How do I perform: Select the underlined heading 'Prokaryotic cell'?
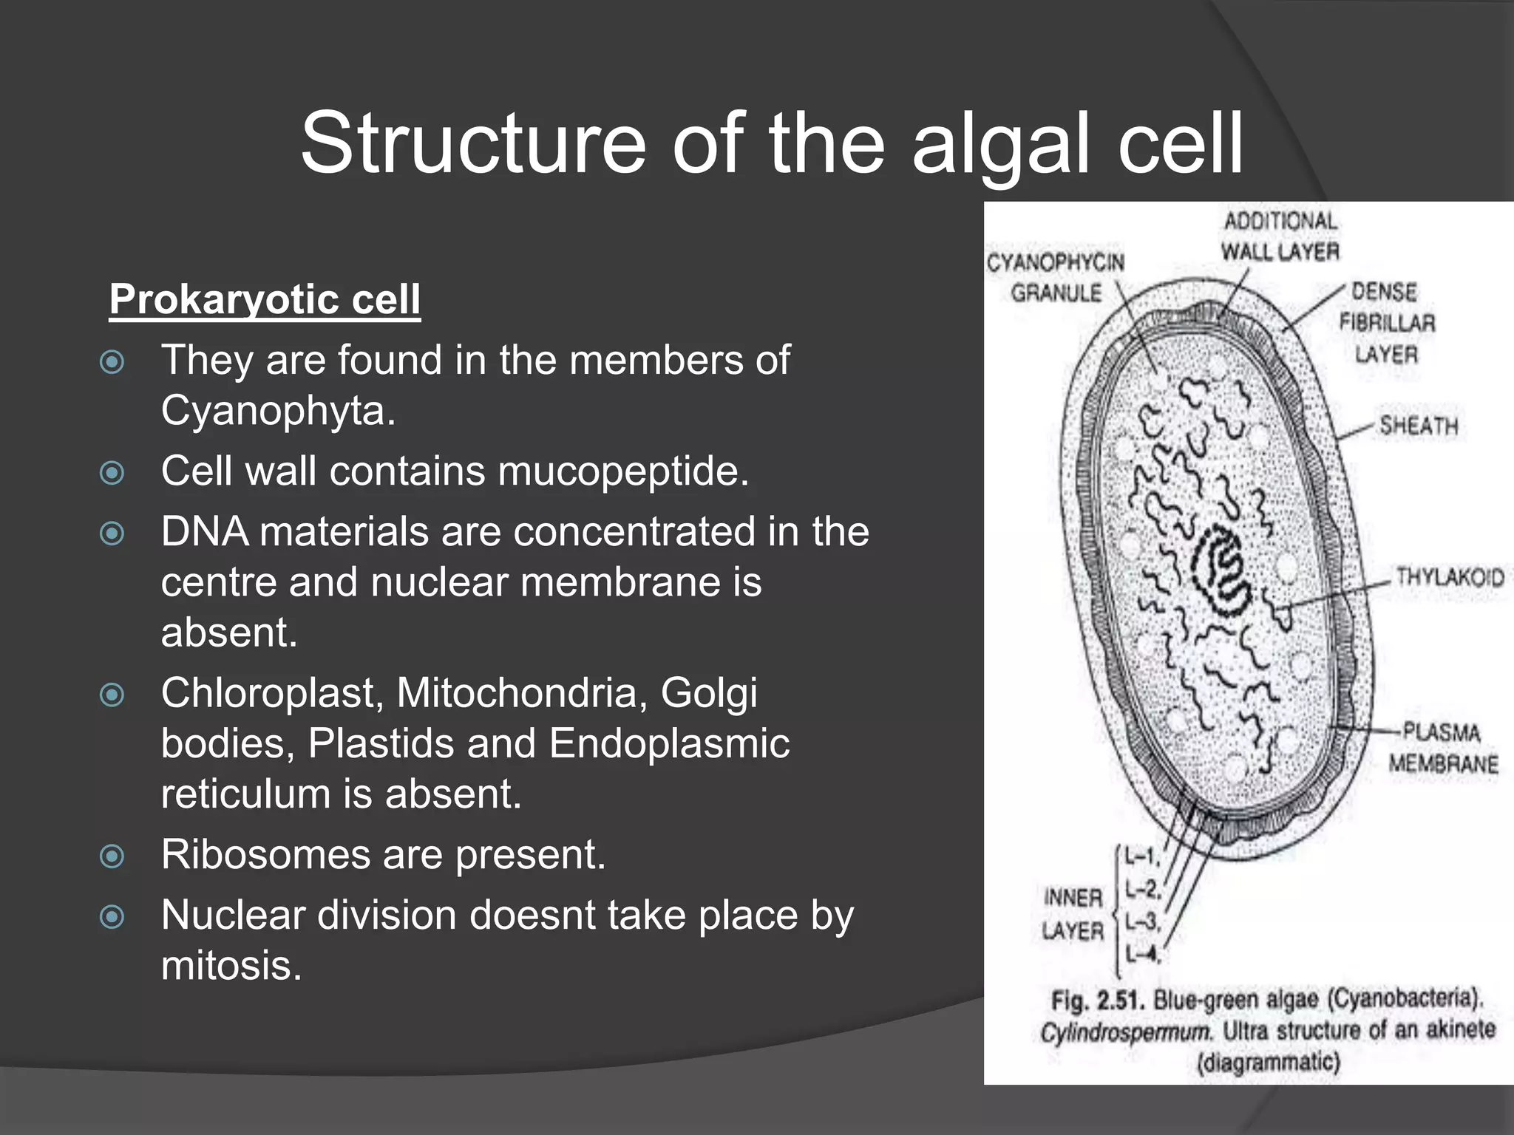[265, 300]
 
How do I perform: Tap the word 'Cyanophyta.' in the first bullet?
[278, 411]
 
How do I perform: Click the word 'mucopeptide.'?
[624, 471]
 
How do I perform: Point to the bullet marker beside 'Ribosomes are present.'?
[112, 856]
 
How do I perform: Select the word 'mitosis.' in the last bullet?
[231, 966]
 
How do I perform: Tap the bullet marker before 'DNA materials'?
[112, 533]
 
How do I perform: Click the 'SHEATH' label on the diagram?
[1419, 426]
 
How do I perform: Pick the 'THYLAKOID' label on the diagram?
[1450, 577]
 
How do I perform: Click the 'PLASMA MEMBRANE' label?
[1443, 748]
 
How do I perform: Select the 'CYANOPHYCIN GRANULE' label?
[1056, 278]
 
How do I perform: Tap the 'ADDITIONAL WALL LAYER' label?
[1280, 236]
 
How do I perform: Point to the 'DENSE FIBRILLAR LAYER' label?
[1387, 323]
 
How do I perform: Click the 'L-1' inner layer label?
[1142, 857]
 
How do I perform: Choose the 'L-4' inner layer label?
[1142, 955]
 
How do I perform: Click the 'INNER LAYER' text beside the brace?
[1073, 914]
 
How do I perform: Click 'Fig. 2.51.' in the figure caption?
[1097, 1001]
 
